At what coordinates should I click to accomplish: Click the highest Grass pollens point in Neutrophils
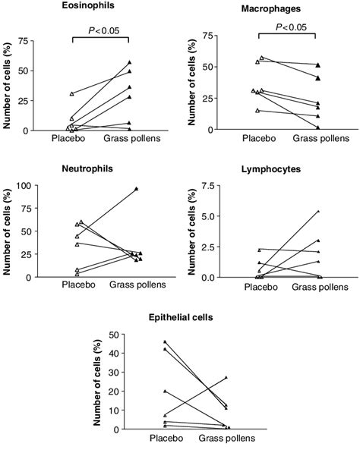pos(136,188)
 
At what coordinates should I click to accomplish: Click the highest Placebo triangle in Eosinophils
pos(71,93)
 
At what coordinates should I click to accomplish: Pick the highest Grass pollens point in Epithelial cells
pos(226,377)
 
